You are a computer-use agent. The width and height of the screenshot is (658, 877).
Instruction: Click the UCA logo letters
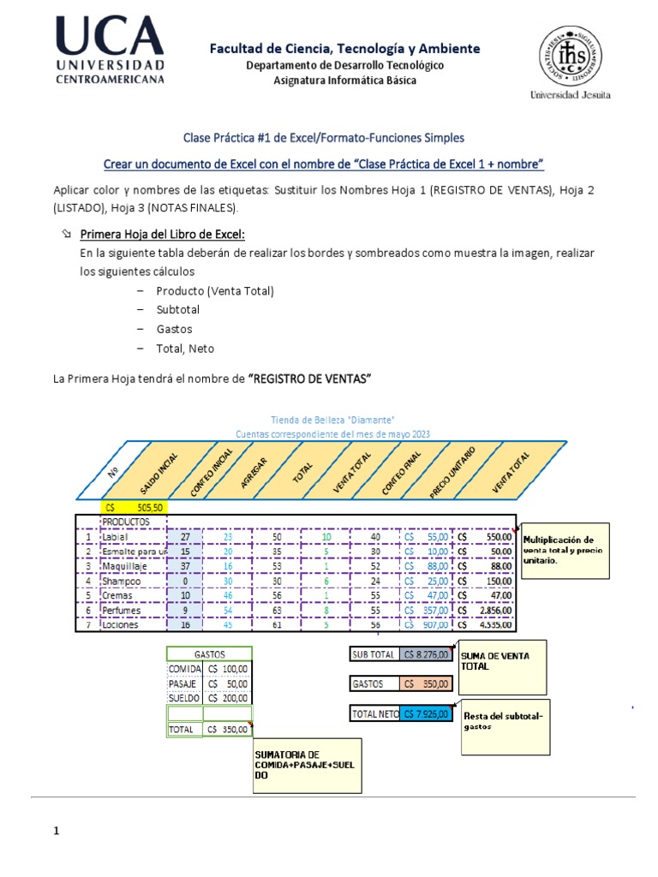[x=111, y=37]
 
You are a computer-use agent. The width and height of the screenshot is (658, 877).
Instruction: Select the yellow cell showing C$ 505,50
[x=134, y=507]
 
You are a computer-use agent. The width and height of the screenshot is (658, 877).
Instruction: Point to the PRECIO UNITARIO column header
[x=452, y=468]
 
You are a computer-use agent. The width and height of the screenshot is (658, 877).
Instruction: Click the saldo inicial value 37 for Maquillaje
[x=185, y=566]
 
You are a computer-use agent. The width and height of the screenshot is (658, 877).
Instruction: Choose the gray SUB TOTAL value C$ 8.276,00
[x=426, y=655]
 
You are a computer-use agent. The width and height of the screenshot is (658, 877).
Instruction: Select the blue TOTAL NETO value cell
[x=426, y=713]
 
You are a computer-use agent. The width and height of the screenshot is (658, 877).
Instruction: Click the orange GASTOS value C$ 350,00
[x=426, y=684]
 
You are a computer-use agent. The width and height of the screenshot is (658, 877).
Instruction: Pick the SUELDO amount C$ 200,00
[x=227, y=699]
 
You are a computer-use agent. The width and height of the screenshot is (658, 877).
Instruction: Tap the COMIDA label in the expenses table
[x=184, y=668]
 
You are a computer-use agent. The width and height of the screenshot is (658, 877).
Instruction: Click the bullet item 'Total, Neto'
[x=185, y=349]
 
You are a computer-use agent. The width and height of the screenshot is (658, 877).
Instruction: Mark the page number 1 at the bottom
[x=57, y=831]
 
